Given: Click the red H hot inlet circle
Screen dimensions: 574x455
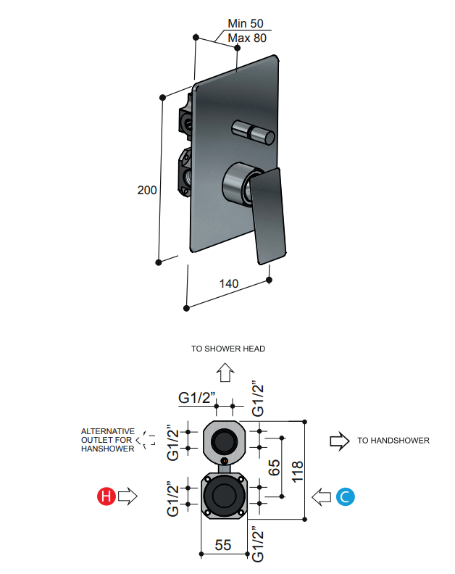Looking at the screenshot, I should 107,496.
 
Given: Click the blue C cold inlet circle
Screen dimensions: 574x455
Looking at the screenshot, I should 345,496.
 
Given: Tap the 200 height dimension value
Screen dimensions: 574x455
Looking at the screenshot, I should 147,190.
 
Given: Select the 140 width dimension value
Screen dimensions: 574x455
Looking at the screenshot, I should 229,283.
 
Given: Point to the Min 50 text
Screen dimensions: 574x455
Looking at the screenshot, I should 247,24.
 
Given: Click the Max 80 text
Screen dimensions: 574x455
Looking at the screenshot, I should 247,38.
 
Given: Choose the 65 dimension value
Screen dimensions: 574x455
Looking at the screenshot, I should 274,467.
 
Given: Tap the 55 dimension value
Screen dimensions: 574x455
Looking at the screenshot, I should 223,545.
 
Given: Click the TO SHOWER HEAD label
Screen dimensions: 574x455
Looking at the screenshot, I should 228,349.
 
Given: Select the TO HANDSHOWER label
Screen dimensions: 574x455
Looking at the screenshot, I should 393,440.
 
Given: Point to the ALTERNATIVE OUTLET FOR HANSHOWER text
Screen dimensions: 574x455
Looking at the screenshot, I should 107,440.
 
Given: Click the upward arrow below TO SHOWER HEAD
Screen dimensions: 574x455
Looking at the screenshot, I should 226,373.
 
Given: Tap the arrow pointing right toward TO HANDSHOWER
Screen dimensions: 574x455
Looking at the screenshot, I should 338,440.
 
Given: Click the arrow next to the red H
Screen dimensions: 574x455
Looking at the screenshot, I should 128,496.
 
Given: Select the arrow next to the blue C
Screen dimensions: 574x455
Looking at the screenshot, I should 322,496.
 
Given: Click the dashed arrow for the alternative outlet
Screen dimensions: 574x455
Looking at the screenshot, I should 149,439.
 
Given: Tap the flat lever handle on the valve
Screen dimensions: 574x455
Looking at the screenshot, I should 268,214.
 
